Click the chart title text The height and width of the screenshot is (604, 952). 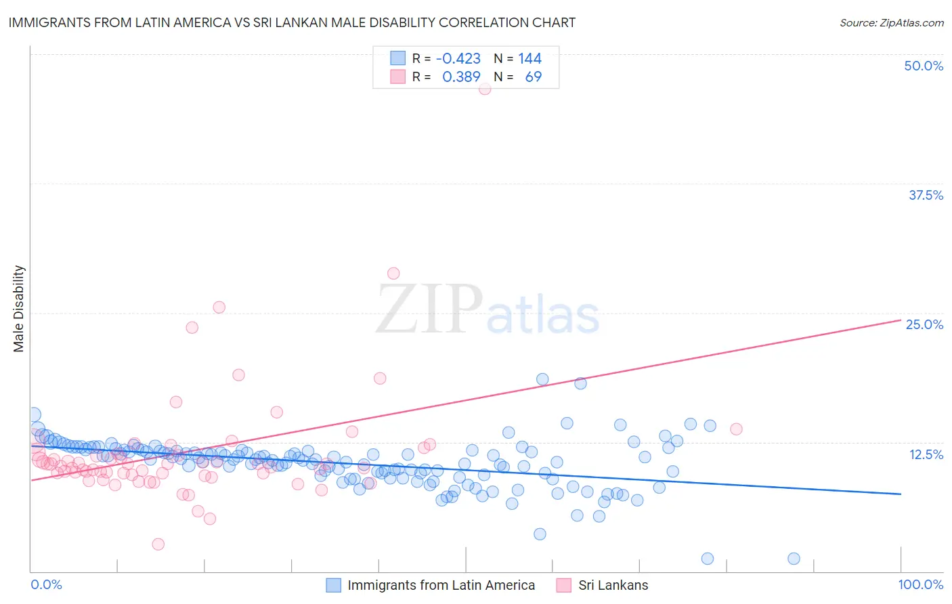pos(292,22)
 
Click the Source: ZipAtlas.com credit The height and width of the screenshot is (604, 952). pos(891,22)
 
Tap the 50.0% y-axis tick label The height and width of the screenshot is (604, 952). pos(924,66)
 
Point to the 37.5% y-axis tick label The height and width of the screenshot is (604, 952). pos(926,195)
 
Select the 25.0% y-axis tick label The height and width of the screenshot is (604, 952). pos(924,324)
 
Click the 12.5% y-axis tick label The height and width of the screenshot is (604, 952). pos(926,454)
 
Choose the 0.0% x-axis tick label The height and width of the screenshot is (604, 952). pos(46,584)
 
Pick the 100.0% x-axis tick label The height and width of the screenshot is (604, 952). pos(920,584)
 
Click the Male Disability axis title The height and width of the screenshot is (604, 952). pos(19,308)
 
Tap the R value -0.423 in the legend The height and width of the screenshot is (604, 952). pos(458,59)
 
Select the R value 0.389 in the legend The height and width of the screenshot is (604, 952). pos(461,77)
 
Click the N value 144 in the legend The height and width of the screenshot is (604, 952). pos(529,59)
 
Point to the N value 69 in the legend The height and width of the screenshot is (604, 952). pos(533,77)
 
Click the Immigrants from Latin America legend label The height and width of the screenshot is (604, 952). pos(441,585)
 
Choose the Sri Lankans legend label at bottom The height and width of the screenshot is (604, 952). pos(613,585)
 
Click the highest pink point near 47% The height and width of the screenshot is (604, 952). pos(485,89)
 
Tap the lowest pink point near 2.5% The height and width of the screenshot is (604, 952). pos(158,544)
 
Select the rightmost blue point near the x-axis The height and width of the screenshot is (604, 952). pos(794,559)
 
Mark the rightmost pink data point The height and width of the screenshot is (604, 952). pos(736,429)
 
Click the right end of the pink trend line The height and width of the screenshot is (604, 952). pos(901,320)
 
